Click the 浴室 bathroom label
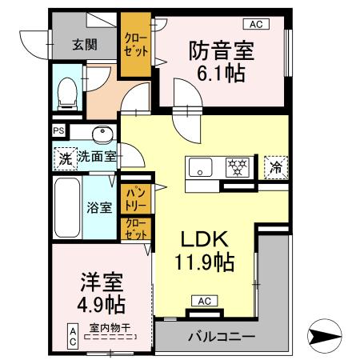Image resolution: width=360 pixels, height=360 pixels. [x=99, y=206]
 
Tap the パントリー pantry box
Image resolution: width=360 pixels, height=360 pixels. [x=132, y=194]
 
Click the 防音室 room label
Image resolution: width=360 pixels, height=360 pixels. [x=222, y=50]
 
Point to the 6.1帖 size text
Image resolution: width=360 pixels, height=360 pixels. [x=222, y=74]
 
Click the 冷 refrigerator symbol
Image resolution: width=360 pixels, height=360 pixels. [x=275, y=168]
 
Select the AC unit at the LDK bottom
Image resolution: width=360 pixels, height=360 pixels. [x=203, y=301]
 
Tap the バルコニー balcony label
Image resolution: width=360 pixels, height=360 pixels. [x=221, y=337]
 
